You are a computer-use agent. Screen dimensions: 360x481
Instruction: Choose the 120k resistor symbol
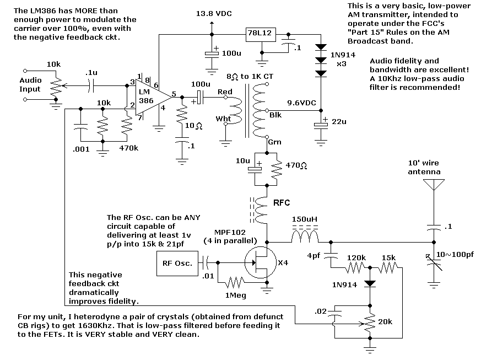[x=354, y=268]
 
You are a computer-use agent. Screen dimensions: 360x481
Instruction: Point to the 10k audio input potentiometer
[x=53, y=87]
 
